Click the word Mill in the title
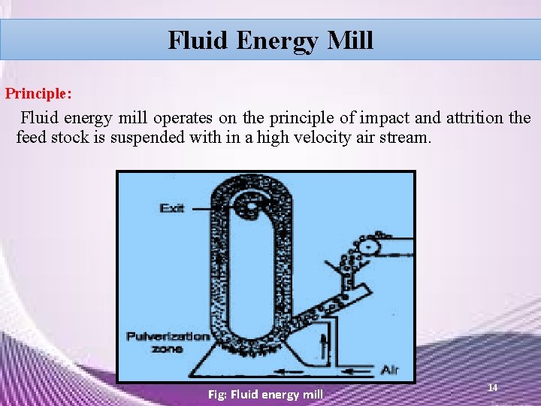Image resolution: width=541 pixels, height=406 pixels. [x=350, y=39]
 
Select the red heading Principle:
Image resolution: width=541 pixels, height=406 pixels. [x=39, y=95]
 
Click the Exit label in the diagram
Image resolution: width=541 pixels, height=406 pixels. [x=172, y=208]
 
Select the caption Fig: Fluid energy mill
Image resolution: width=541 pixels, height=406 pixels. [x=265, y=394]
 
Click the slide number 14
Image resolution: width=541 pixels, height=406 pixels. [x=493, y=386]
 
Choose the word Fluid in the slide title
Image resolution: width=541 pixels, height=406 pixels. [x=198, y=39]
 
